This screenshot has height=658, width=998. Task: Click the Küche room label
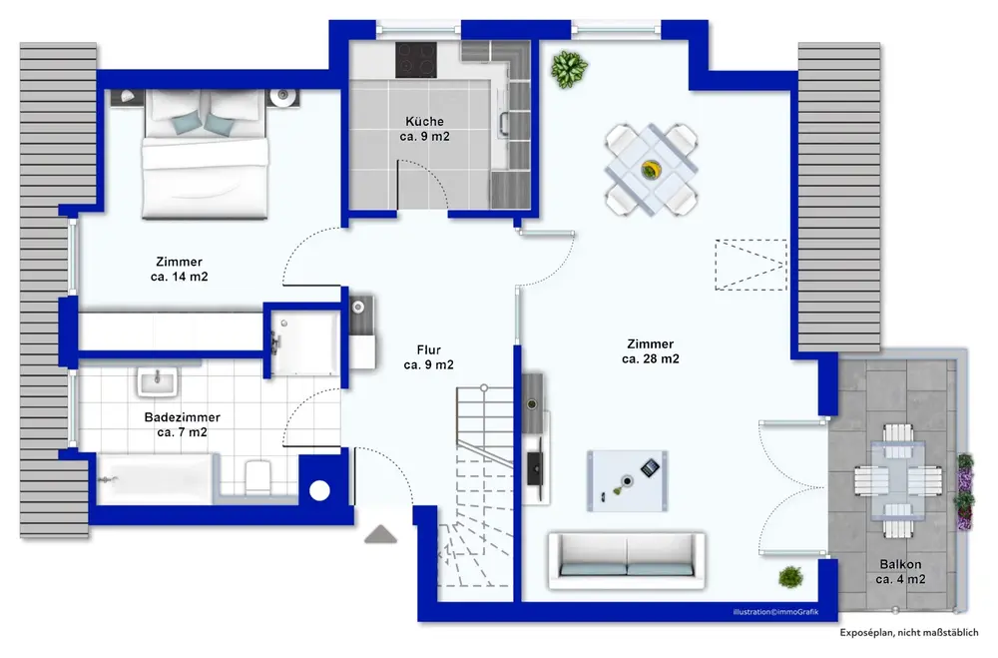click(x=424, y=121)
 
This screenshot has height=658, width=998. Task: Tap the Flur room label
click(x=429, y=349)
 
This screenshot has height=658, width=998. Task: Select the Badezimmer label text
click(x=182, y=417)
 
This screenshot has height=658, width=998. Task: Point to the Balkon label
click(x=900, y=564)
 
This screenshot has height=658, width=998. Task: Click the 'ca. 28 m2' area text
click(x=651, y=359)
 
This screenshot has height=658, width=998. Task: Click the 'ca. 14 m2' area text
click(x=179, y=278)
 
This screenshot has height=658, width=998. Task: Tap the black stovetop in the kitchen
click(x=415, y=60)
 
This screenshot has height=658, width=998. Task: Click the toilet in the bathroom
click(x=258, y=476)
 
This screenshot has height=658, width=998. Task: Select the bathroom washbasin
click(x=157, y=382)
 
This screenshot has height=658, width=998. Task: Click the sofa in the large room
click(x=627, y=560)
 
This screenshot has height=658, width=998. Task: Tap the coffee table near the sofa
click(x=627, y=481)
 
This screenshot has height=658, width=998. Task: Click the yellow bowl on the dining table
click(x=651, y=170)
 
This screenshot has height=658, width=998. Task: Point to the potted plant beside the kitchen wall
click(x=569, y=69)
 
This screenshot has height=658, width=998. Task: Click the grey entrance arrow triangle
click(x=380, y=534)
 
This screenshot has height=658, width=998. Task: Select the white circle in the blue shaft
click(x=319, y=490)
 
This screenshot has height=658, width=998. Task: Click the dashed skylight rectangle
click(x=750, y=265)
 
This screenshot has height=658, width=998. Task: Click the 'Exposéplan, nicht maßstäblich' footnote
click(x=909, y=632)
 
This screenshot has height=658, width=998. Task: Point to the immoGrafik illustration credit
click(x=775, y=612)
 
